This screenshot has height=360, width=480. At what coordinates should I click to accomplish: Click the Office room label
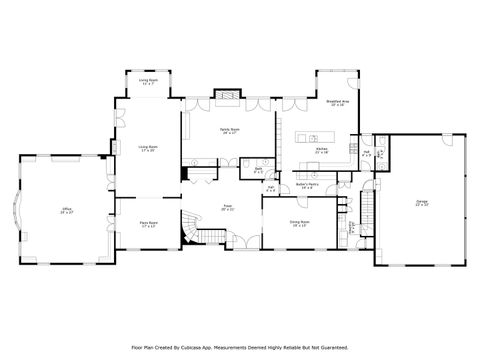tap(66, 211)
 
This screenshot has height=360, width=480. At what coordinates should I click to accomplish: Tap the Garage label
tap(421, 203)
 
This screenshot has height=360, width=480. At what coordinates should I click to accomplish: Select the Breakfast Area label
tap(337, 103)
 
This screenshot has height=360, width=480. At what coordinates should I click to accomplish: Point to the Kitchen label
tap(322, 150)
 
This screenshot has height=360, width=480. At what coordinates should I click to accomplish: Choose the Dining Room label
tap(299, 223)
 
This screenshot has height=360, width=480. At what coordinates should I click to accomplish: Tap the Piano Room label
tap(148, 226)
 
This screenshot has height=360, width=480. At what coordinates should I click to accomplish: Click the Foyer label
tap(227, 208)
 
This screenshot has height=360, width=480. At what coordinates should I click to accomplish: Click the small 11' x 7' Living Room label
tap(148, 82)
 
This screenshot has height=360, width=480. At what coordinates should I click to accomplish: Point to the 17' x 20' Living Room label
tap(148, 148)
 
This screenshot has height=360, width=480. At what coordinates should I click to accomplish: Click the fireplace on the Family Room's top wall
tap(229, 98)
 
